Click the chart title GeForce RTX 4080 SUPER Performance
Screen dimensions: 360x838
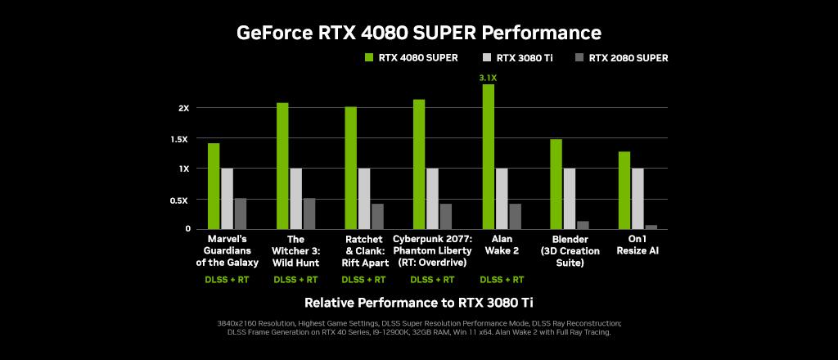pos(418,33)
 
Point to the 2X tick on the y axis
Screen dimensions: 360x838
pos(183,108)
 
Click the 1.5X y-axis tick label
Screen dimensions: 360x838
pos(180,139)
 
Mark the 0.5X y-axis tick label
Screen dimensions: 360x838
pos(180,200)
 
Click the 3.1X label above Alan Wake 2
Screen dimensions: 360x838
pos(488,78)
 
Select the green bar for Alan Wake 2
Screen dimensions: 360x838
pos(488,156)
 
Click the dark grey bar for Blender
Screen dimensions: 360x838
pos(583,225)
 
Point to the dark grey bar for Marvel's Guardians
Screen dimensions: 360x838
pos(241,214)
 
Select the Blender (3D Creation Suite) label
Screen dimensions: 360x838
pos(570,251)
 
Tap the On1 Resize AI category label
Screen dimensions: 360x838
pos(638,245)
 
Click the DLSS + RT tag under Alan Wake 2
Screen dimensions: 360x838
pos(501,280)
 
